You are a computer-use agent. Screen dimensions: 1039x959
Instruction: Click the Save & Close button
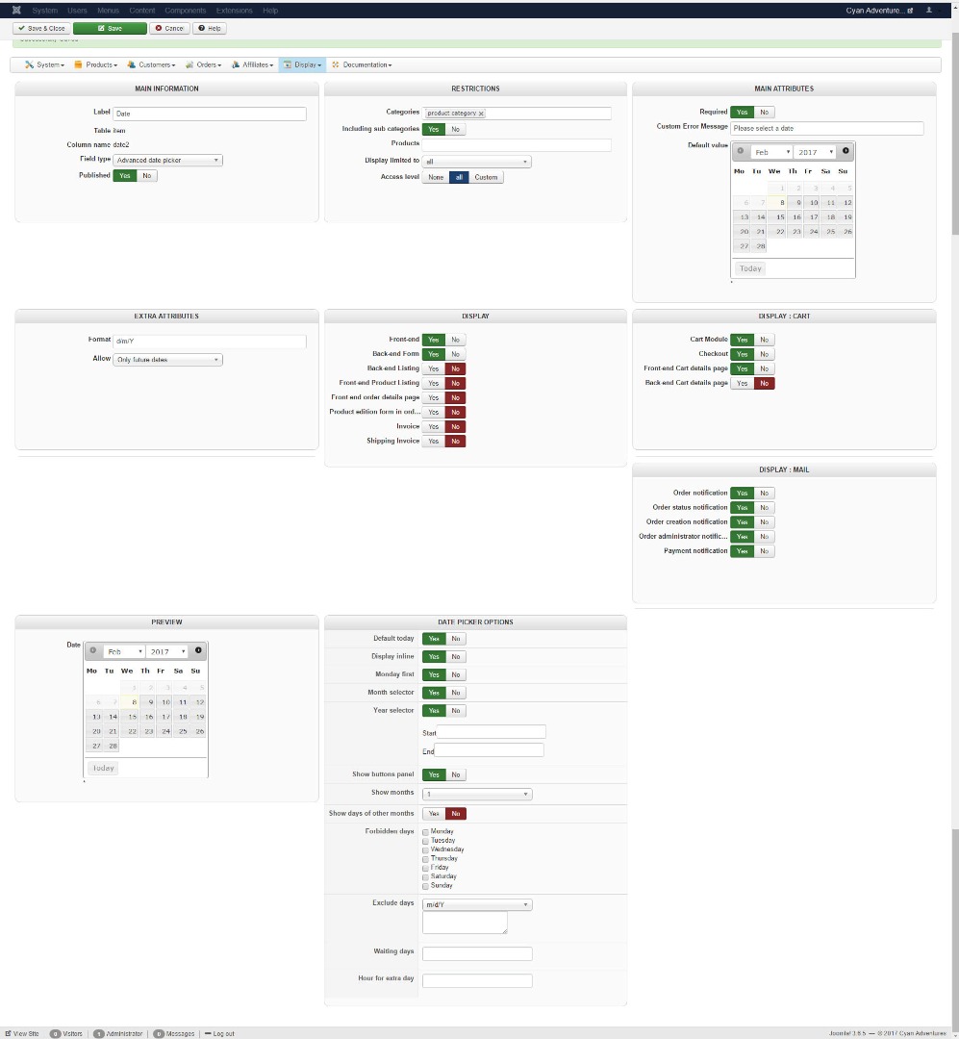[41, 29]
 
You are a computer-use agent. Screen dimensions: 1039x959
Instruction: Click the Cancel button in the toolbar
[169, 29]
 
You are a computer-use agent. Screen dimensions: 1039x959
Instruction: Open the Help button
[210, 29]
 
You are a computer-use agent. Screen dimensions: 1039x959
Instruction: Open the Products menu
[96, 65]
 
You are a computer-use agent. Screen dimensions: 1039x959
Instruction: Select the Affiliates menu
[252, 65]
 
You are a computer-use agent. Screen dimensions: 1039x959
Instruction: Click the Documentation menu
[362, 65]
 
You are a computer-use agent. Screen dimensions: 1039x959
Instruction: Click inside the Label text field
[210, 114]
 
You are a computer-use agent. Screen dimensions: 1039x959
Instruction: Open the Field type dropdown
[168, 160]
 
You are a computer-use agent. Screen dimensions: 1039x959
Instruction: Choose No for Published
[147, 176]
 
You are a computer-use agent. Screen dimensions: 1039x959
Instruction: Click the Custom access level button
[486, 177]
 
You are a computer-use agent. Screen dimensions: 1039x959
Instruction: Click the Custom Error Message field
[826, 128]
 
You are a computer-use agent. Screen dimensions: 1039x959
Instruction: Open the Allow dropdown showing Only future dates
[168, 360]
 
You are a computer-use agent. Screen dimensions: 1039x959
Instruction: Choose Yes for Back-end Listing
[434, 368]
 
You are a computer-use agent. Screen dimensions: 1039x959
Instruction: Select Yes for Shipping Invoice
[434, 442]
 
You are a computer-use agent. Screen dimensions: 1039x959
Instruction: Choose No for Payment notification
[764, 551]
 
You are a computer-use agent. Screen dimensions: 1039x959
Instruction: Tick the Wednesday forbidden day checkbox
[426, 849]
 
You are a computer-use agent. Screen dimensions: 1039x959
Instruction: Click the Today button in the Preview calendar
[103, 768]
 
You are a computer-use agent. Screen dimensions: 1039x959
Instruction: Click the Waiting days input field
[477, 953]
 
